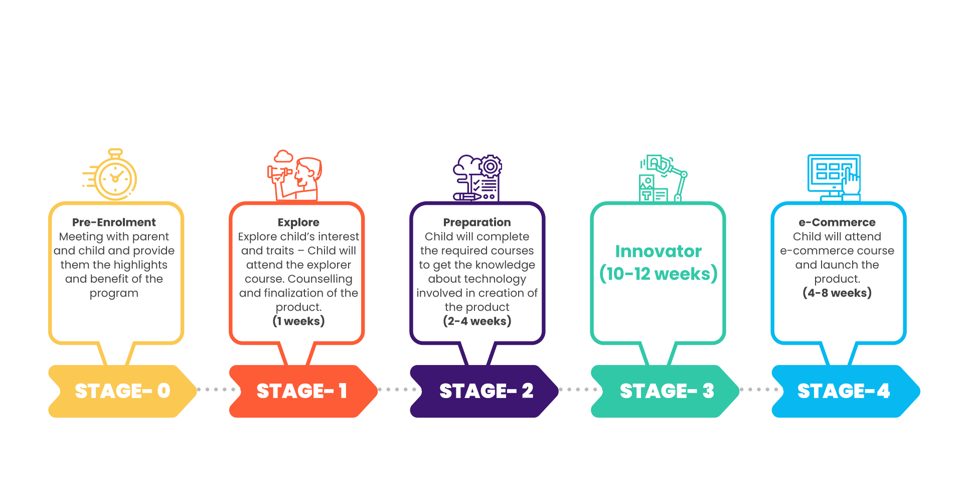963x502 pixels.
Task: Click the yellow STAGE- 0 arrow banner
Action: tap(122, 391)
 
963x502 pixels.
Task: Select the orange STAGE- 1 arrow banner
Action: tap(303, 391)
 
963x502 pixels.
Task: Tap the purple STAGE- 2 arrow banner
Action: tap(484, 391)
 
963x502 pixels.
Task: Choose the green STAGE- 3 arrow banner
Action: tap(665, 391)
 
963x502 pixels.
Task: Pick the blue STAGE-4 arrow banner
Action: tap(846, 391)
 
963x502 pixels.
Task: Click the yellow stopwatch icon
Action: tap(111, 175)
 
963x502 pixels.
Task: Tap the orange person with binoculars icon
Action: tap(294, 175)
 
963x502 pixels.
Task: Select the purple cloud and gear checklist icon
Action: tap(477, 178)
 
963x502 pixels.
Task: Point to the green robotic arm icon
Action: tap(663, 178)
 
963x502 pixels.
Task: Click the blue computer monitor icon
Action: tap(834, 178)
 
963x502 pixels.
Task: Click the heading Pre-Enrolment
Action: tap(114, 222)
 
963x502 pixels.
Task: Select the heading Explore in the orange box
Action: tap(298, 222)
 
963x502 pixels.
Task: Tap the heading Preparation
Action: tap(477, 222)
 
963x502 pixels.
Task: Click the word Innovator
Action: tap(659, 251)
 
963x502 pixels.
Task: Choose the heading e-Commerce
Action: tap(837, 222)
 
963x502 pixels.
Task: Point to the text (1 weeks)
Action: tap(298, 321)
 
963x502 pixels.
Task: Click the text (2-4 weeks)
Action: tap(477, 321)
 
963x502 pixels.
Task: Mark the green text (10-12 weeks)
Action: tap(659, 274)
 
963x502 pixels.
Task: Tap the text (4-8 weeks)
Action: tap(837, 293)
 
